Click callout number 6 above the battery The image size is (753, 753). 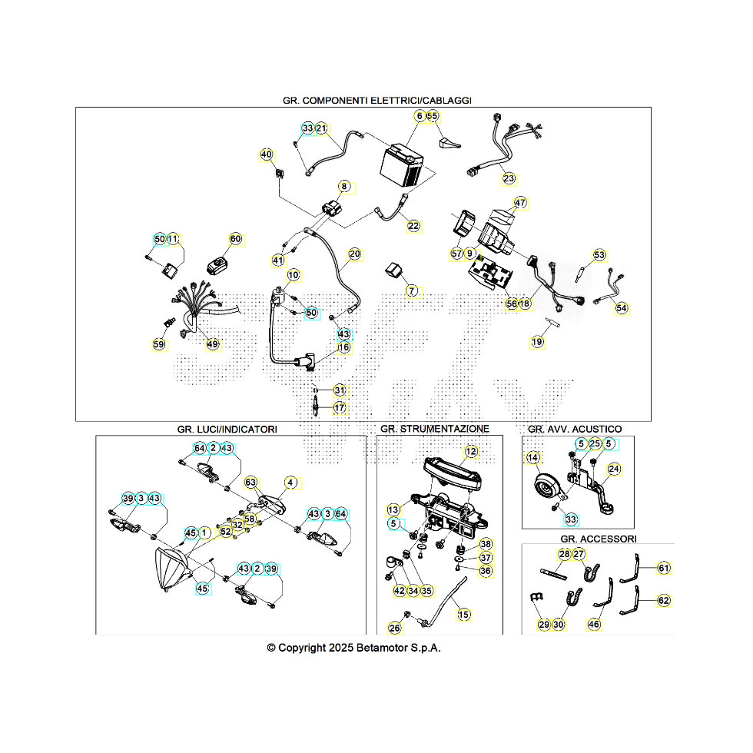[420, 116]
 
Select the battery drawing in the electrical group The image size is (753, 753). [403, 164]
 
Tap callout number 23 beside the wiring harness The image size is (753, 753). [509, 178]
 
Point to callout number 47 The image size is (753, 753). [521, 204]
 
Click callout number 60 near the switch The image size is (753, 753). [235, 240]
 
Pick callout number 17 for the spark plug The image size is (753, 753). [340, 408]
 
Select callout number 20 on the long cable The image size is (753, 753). [354, 254]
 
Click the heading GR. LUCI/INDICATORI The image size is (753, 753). [227, 429]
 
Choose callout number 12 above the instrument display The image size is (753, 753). [471, 452]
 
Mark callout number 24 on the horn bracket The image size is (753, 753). [614, 469]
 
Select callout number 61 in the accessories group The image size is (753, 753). [664, 569]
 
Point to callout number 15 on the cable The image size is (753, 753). [463, 615]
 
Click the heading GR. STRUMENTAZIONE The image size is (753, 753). [434, 429]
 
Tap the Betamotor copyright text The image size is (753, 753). [353, 648]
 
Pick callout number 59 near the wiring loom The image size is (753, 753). [158, 345]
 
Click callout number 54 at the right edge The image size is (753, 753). [622, 308]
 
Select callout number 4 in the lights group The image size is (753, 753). [290, 483]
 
